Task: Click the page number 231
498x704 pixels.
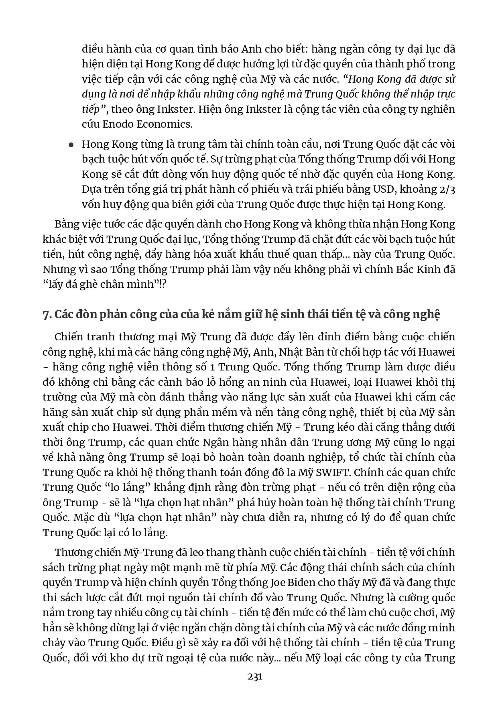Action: click(x=255, y=677)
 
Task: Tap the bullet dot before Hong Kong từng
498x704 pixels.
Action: click(x=71, y=145)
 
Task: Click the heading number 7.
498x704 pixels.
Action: click(x=47, y=315)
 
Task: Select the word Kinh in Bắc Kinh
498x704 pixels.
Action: click(x=428, y=269)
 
